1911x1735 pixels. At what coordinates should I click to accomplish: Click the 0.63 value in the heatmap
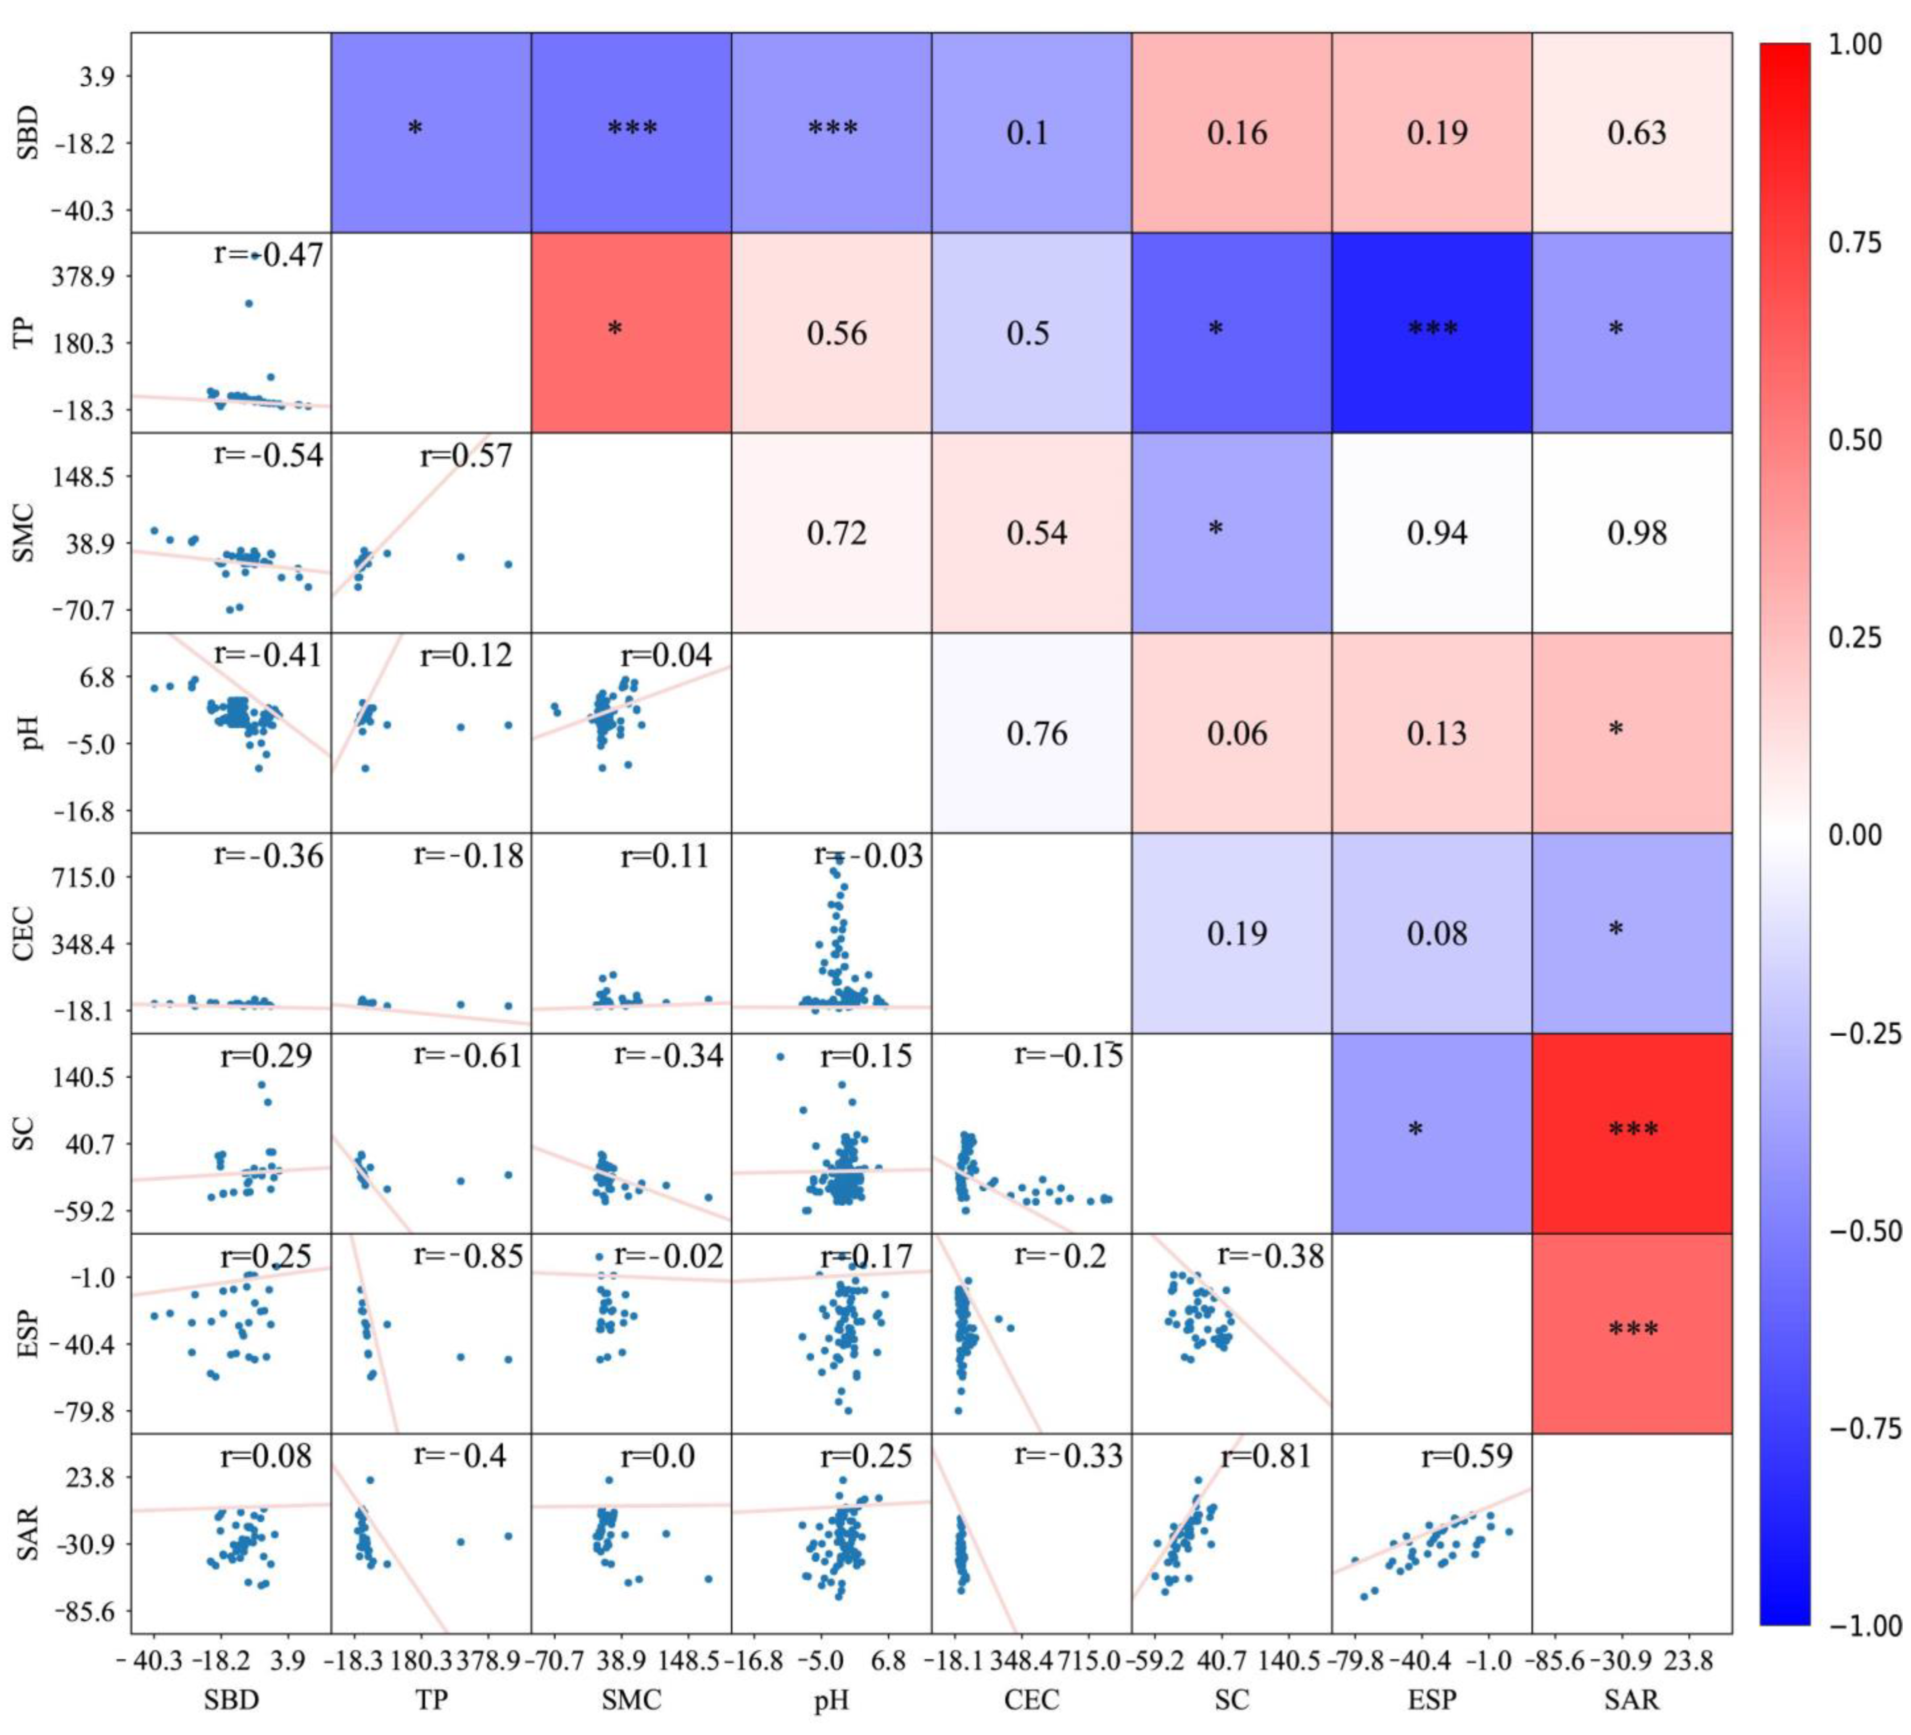coord(1636,133)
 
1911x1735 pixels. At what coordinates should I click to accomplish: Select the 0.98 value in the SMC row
coord(1636,534)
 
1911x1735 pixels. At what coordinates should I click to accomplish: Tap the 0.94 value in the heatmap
coord(1436,534)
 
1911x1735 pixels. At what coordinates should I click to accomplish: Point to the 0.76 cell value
coord(1036,733)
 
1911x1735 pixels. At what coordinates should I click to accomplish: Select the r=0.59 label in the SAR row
coord(1466,1456)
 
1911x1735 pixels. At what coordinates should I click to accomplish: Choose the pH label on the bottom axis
coord(831,1700)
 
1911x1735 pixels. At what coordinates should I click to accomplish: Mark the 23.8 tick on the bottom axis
coord(1689,1660)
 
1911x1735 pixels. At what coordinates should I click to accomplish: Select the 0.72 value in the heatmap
coord(836,534)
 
